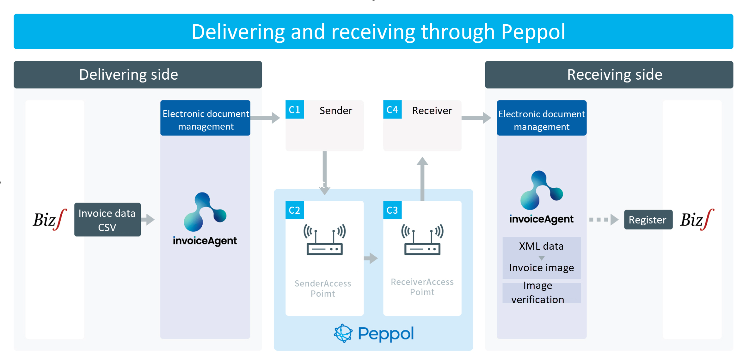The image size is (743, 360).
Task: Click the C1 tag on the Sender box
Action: [294, 110]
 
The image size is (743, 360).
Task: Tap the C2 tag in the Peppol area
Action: [294, 210]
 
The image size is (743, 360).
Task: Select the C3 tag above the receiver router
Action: [392, 210]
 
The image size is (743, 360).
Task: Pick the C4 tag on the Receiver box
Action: [392, 110]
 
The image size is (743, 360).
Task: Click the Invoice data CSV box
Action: [107, 220]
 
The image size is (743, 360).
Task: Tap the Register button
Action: [648, 220]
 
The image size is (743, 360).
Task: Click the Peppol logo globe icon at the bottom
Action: [343, 333]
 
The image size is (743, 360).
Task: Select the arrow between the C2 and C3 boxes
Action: [371, 258]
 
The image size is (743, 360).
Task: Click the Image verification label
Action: [538, 293]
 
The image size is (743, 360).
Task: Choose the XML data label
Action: [541, 246]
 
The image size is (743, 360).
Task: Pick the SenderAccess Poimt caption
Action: [323, 288]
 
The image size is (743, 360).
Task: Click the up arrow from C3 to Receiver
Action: [422, 179]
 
